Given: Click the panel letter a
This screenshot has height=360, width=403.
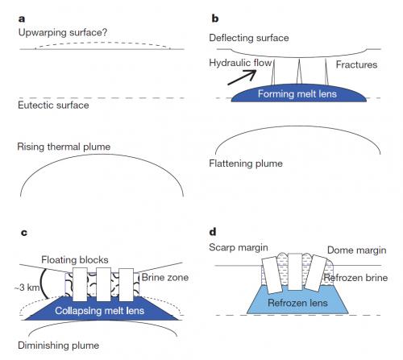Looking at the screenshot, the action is tap(22, 19).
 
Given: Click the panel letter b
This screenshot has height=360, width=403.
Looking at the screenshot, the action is tap(215, 18).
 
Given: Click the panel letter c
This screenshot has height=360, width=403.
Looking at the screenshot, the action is tap(24, 233).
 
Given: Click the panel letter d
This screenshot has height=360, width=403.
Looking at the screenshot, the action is tap(213, 231).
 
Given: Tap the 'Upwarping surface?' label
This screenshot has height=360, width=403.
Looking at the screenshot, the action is tap(63, 32).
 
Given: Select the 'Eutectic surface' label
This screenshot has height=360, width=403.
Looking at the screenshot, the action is tap(53, 105).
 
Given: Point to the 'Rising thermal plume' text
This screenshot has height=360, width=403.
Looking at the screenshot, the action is tap(64, 147).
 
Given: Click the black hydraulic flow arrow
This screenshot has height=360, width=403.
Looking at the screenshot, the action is tap(241, 77).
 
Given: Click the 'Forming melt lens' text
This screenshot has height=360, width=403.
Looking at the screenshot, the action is tap(297, 94).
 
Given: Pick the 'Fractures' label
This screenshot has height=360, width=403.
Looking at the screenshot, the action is tap(356, 64).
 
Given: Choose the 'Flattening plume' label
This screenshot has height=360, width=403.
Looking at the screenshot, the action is tap(246, 163).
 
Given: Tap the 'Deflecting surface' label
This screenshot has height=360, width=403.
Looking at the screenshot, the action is tap(249, 38).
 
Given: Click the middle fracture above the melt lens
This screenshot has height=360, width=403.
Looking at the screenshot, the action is tap(299, 72).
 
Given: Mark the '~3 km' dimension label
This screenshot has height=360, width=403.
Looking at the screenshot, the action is tap(27, 288).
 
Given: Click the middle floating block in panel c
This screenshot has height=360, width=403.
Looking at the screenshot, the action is tap(104, 284).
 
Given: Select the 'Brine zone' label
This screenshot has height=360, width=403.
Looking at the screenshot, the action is tap(165, 277).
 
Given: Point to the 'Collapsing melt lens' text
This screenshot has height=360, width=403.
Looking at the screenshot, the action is tap(100, 311).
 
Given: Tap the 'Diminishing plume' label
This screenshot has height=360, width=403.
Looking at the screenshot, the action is tap(58, 346).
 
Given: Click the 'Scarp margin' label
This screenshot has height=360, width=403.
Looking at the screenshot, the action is tap(239, 247).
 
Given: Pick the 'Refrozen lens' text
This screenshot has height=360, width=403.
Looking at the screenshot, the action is tap(297, 303).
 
